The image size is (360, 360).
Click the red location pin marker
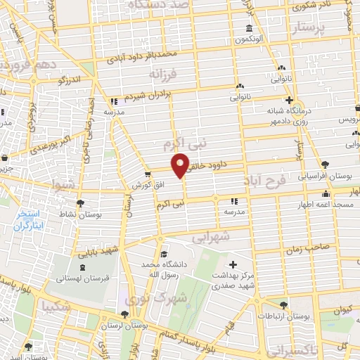[x=181, y=165]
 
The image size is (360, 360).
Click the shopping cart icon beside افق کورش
[x=148, y=175]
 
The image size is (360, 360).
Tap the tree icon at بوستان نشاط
[x=79, y=202]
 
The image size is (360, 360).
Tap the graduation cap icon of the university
[x=164, y=255]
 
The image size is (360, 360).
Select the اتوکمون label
[x=249, y=39]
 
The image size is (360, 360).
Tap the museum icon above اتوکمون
[x=249, y=29]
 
